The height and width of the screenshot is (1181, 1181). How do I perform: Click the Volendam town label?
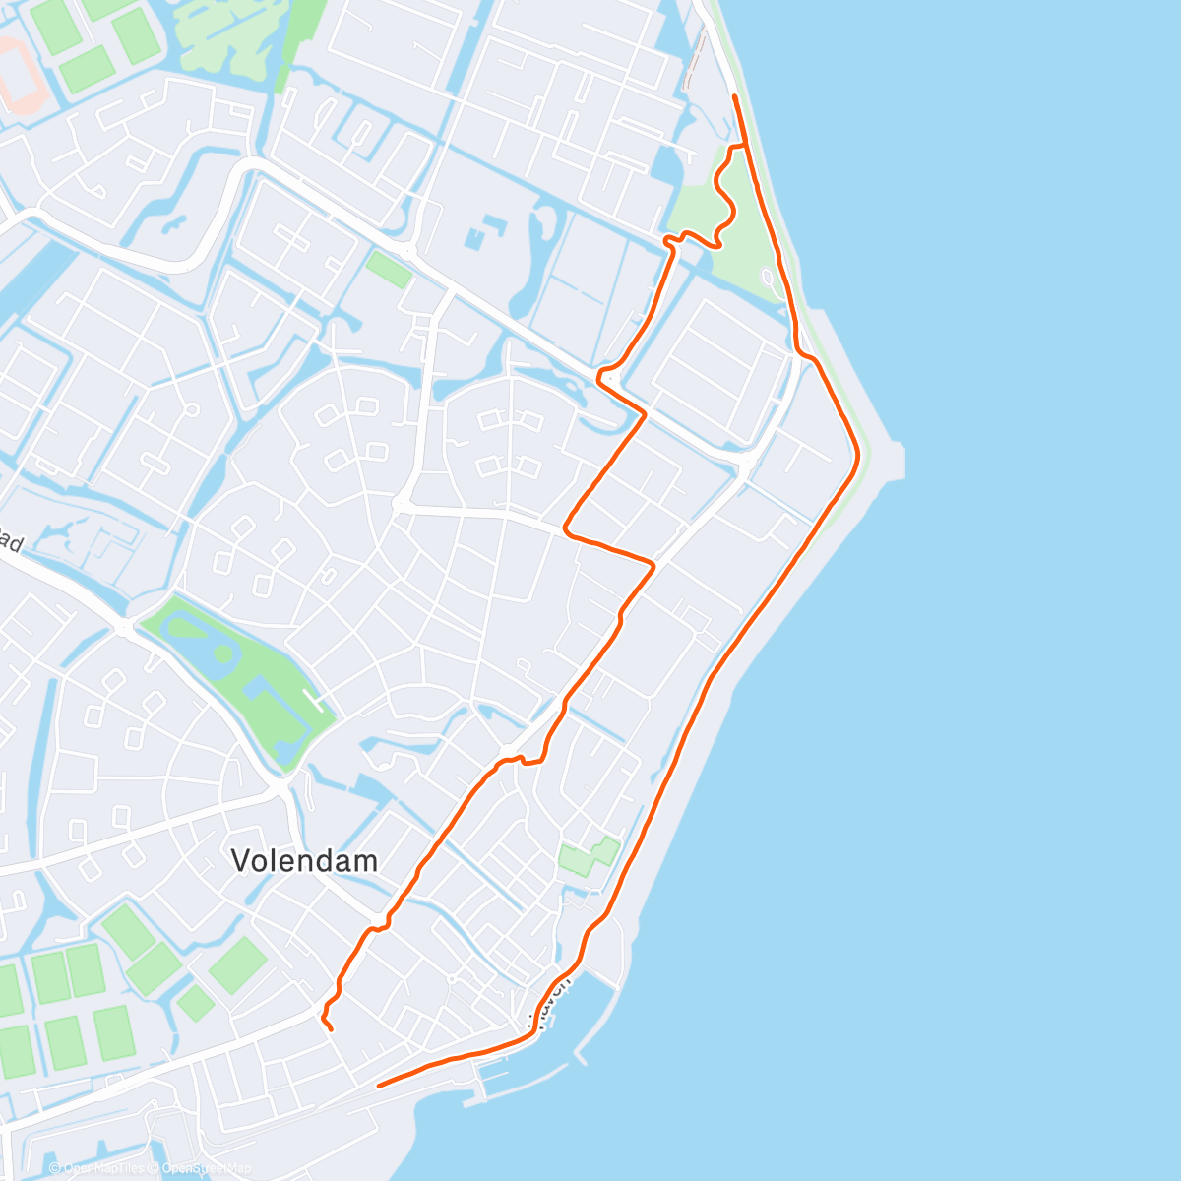(304, 861)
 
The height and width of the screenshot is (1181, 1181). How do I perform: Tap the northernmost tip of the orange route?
(735, 96)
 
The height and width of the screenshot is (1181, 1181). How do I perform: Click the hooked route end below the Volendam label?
(331, 1029)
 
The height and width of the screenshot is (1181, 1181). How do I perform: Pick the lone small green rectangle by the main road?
(389, 269)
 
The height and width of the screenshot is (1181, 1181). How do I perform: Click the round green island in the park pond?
(223, 653)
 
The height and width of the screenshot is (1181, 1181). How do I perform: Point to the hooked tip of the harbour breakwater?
(581, 1061)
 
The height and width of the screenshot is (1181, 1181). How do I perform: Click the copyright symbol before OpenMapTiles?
(55, 1168)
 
